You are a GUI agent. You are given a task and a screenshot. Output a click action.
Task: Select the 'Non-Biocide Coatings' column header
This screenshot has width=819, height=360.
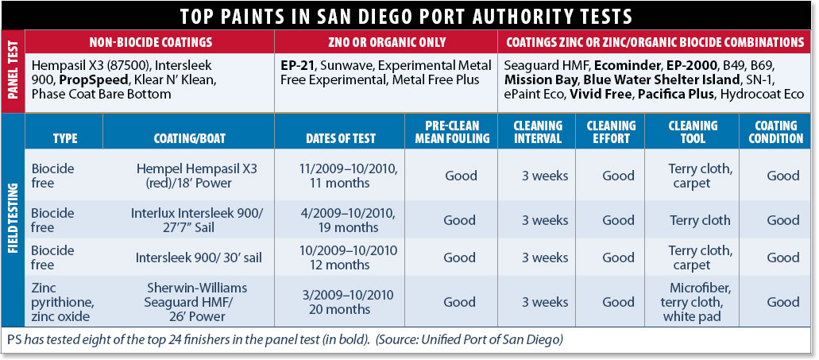click(150, 41)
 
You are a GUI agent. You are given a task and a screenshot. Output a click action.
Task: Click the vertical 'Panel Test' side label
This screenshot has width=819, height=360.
click(13, 72)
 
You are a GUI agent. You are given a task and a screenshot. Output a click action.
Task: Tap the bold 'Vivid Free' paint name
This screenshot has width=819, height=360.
click(601, 94)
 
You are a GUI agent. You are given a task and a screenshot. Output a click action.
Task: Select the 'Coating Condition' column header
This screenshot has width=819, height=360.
click(775, 132)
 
